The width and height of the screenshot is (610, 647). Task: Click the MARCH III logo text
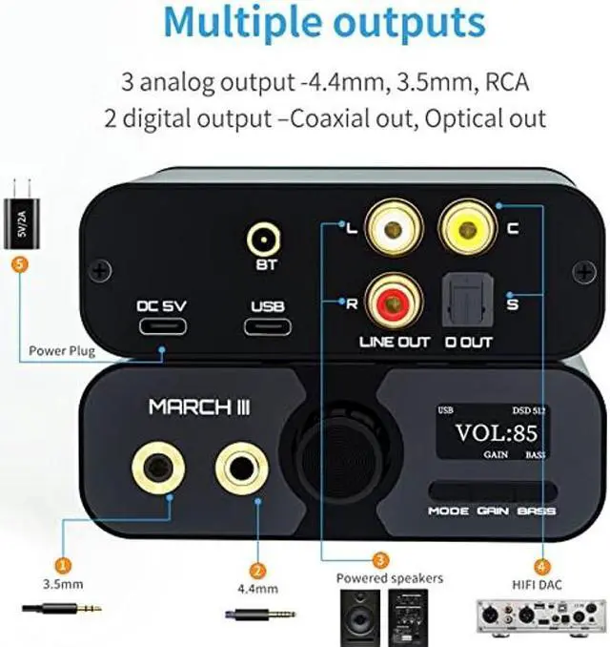click(200, 407)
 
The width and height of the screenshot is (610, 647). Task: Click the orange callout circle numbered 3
click(379, 560)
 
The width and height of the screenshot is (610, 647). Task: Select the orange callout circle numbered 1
click(63, 564)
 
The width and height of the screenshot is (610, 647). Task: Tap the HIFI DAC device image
click(539, 616)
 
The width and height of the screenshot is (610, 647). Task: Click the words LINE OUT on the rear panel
click(396, 341)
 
